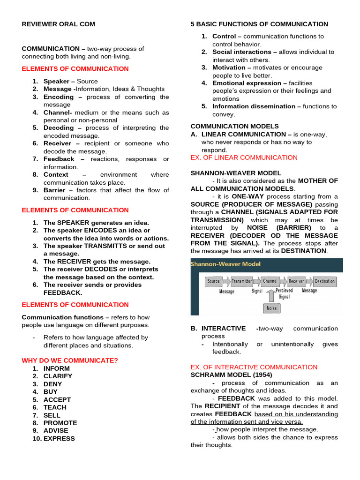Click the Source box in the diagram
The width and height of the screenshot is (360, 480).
pyautogui.click(x=213, y=281)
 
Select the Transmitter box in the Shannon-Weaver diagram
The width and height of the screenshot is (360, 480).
pyautogui.click(x=241, y=281)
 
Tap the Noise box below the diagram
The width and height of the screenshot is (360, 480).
pyautogui.click(x=271, y=308)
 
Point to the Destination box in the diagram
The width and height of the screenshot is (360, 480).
pyautogui.click(x=324, y=281)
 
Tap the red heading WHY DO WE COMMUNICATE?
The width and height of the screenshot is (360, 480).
pyautogui.click(x=70, y=360)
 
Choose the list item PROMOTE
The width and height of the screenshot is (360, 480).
pyautogui.click(x=60, y=423)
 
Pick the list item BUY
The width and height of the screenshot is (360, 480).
pyautogui.click(x=51, y=392)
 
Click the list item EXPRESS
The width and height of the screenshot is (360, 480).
pyautogui.click(x=59, y=439)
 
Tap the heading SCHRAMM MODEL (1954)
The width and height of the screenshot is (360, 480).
pyautogui.click(x=231, y=375)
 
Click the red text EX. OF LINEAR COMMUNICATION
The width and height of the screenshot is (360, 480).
pyautogui.click(x=244, y=157)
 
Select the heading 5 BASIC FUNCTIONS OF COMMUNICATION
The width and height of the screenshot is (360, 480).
pyautogui.click(x=259, y=24)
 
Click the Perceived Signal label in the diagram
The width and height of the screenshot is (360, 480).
pyautogui.click(x=284, y=293)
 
